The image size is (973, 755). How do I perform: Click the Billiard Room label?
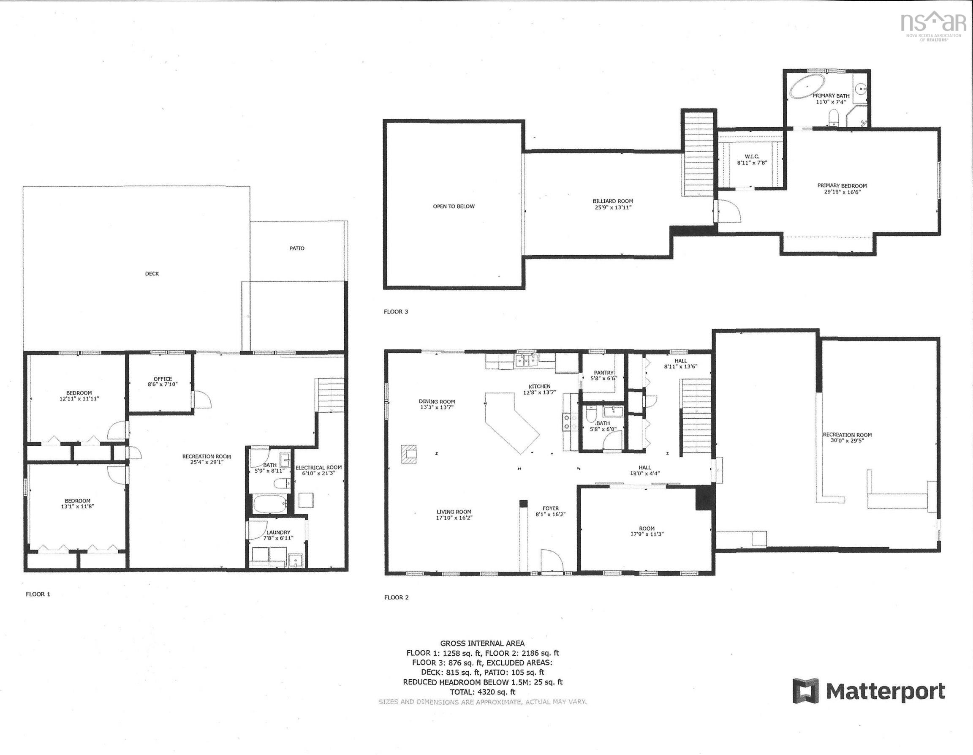(613, 201)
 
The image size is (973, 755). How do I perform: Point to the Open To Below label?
(454, 206)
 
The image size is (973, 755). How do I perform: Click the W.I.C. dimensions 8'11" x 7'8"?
(752, 163)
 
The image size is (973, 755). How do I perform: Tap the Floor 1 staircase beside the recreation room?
(330, 395)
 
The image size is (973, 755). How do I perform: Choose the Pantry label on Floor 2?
(603, 373)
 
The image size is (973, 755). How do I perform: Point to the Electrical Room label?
(318, 468)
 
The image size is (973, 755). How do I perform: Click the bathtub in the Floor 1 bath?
(269, 504)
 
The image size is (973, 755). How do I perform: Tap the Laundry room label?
(278, 532)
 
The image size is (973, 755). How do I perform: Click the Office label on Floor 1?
(163, 379)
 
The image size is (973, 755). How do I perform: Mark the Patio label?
(297, 248)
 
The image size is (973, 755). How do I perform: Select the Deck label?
(152, 274)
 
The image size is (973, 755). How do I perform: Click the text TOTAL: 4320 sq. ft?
(483, 692)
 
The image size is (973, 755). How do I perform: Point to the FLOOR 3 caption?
(396, 311)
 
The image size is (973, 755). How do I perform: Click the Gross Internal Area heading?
(483, 643)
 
